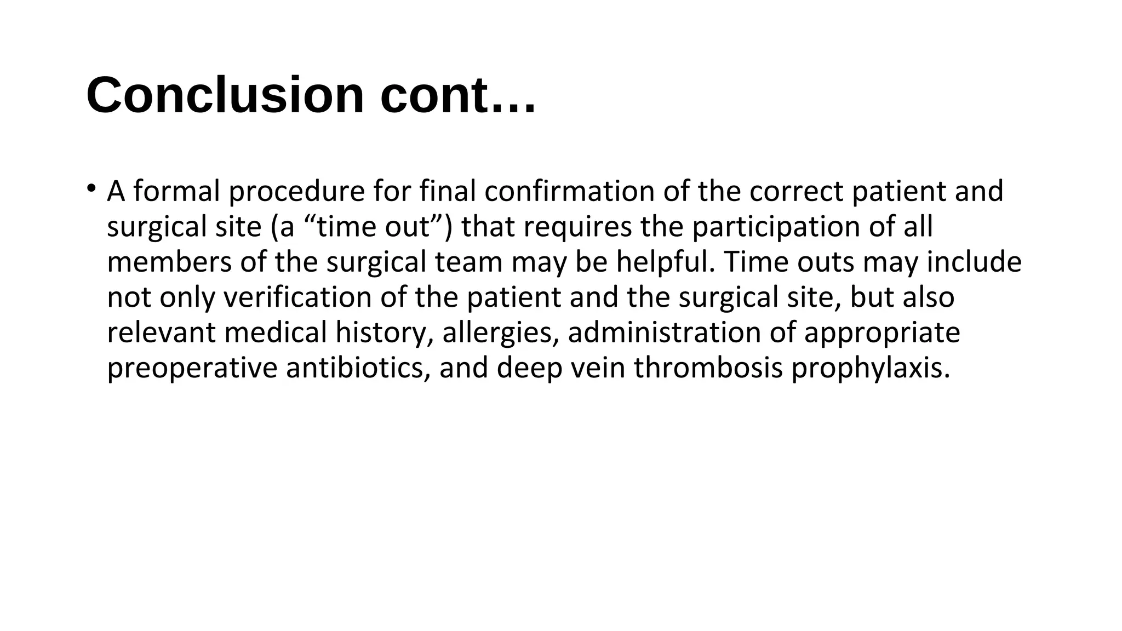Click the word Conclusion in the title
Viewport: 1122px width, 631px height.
(x=225, y=95)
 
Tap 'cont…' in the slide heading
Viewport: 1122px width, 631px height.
(x=458, y=95)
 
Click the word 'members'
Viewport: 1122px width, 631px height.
(x=169, y=262)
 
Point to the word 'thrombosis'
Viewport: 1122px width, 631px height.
(x=708, y=368)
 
